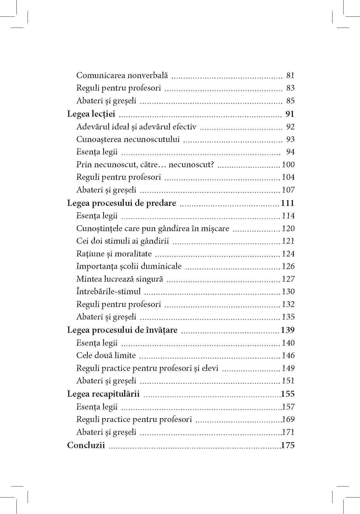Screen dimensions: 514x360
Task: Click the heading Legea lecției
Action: [x=91, y=114]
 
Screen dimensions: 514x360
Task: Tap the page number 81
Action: [x=290, y=76]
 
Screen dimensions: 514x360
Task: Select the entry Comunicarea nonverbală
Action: [x=122, y=76]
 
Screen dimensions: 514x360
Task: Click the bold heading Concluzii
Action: [x=86, y=445]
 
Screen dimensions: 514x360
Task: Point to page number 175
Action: [x=288, y=445]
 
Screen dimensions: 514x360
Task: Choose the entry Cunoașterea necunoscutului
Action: [x=128, y=139]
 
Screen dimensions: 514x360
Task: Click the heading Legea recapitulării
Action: [x=103, y=394]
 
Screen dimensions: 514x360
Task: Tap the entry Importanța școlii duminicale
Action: [x=129, y=266]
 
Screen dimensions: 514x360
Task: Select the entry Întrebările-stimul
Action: [x=108, y=292]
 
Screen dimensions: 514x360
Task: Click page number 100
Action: [x=288, y=165]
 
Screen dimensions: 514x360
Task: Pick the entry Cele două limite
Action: [x=106, y=356]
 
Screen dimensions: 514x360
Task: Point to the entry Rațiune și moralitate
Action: [x=114, y=254]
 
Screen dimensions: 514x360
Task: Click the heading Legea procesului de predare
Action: [x=121, y=203]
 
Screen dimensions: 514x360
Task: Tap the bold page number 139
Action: [x=288, y=330]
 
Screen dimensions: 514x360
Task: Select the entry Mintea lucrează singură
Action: [x=120, y=279]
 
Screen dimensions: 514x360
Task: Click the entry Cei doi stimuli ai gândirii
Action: [x=122, y=241]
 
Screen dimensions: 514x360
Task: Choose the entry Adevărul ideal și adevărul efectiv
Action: [x=136, y=127]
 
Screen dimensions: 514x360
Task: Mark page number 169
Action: [x=288, y=419]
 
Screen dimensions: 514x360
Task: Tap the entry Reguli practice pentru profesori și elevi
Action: [x=147, y=368]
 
